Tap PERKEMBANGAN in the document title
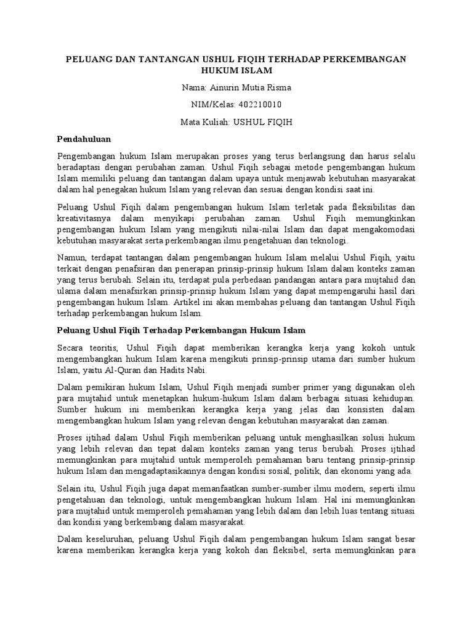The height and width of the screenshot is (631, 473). click(366, 59)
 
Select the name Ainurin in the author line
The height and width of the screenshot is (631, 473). click(228, 88)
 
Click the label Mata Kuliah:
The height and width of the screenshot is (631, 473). click(204, 122)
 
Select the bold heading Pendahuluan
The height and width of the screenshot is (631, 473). click(83, 139)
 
